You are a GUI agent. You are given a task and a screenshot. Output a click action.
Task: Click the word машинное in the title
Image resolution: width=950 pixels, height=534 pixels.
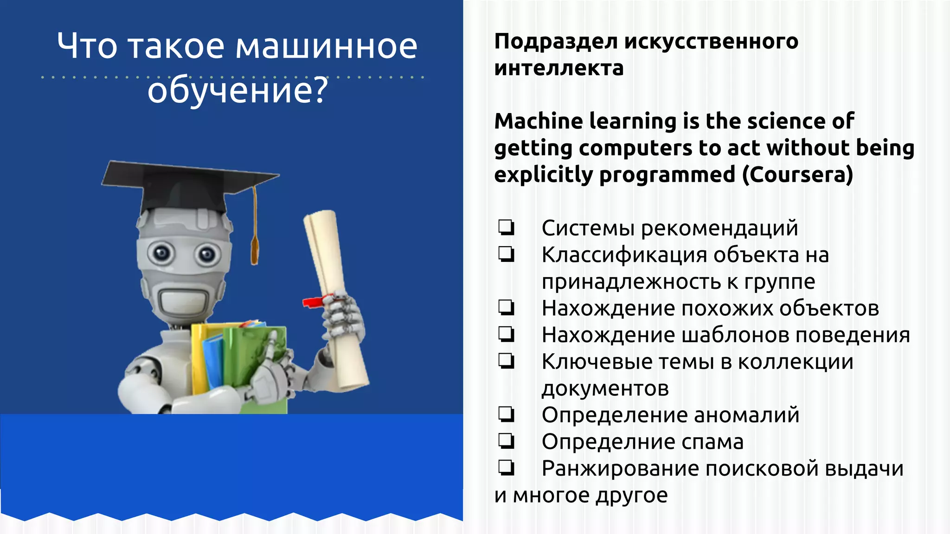pos(327,46)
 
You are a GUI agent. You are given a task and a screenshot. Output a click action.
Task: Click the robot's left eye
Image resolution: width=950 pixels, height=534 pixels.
pos(161,253)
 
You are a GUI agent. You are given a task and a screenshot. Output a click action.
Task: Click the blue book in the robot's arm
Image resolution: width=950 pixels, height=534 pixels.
pos(212,362)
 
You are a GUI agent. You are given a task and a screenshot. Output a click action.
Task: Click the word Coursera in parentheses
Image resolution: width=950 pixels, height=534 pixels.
pos(797,175)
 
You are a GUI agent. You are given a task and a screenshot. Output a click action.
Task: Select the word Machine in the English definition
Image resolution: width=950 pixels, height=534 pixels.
pos(539,121)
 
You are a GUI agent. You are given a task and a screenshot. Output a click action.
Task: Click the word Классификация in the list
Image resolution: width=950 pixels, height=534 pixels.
pos(624,255)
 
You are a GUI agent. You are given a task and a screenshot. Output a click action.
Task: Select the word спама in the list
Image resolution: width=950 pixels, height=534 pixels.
pos(712,442)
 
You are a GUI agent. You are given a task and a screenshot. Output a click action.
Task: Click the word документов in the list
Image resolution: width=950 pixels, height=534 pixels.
pos(605,388)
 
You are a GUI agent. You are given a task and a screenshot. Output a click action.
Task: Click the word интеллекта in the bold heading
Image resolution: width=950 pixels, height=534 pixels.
pos(558,69)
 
